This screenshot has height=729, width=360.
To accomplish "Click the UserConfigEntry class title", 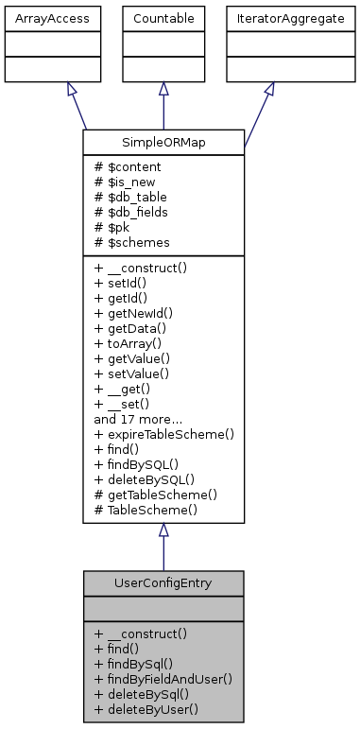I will click(163, 581).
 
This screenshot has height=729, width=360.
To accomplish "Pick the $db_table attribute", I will click(129, 196).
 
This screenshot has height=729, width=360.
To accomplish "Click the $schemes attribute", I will click(131, 243).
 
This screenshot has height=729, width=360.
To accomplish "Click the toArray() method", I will click(131, 343).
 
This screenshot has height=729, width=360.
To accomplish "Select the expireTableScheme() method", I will click(163, 433).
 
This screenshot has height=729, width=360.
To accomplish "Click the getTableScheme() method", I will click(155, 494).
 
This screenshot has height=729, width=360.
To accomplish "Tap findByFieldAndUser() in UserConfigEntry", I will click(163, 678).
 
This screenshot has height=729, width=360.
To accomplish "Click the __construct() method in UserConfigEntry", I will click(141, 633).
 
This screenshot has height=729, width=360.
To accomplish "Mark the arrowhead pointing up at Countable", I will click(163, 89).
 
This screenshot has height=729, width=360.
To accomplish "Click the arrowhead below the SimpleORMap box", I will click(163, 530).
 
